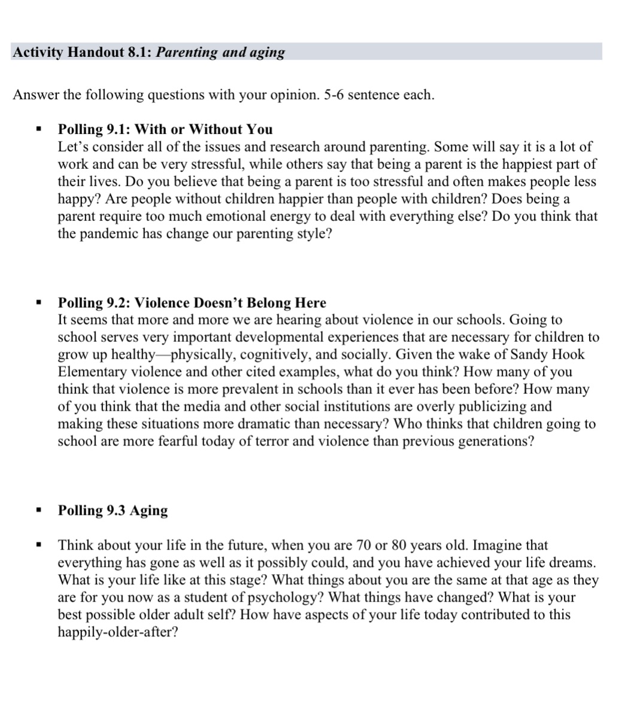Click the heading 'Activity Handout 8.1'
pyautogui.click(x=83, y=52)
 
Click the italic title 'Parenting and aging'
pyautogui.click(x=221, y=52)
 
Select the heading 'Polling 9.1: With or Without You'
pyautogui.click(x=165, y=129)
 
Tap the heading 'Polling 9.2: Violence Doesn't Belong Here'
pyautogui.click(x=192, y=303)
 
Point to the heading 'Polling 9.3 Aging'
pyautogui.click(x=113, y=510)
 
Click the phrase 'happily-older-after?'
pyautogui.click(x=117, y=632)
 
